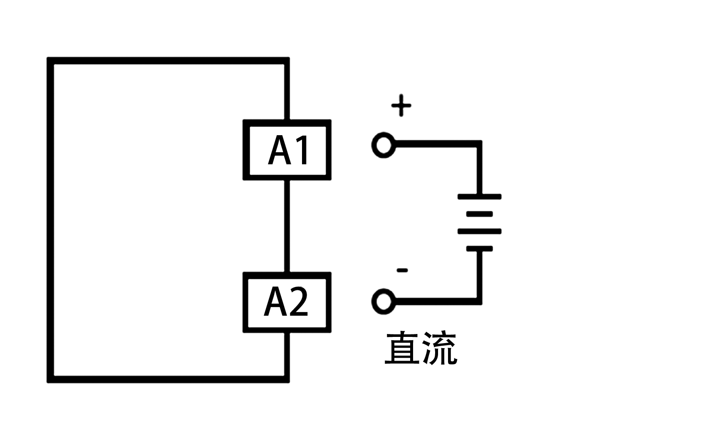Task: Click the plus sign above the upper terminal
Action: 401,105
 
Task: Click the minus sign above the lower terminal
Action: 402,270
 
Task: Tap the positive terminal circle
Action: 383,145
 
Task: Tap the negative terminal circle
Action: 383,301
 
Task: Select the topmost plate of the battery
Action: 479,196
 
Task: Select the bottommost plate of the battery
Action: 479,249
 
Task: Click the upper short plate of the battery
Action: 479,214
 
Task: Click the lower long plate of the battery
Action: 479,231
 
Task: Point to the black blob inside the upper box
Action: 287,150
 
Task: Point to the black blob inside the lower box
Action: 286,302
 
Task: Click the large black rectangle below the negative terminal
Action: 421,348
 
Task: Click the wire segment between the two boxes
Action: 287,226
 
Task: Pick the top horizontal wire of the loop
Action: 166,61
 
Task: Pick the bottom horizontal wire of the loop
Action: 166,379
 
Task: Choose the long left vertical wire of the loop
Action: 50,220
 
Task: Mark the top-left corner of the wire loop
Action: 50,61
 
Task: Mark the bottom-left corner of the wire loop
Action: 50,379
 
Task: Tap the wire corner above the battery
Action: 479,144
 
